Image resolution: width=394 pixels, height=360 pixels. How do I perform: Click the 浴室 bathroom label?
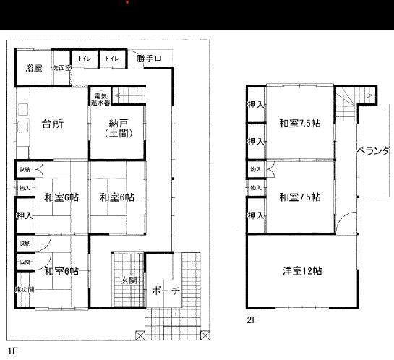33,68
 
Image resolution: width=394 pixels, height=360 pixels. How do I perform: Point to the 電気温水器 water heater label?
100,98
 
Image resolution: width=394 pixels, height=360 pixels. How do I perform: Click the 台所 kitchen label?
52,123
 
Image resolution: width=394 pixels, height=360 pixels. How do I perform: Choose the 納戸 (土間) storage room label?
116,128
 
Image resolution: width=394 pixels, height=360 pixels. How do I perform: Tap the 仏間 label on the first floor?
24,260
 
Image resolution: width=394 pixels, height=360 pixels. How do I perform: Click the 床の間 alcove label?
24,289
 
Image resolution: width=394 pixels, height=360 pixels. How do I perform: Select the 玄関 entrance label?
129,280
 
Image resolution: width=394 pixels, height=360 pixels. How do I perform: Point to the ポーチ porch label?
166,291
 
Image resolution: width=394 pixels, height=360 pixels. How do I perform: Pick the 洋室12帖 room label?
302,272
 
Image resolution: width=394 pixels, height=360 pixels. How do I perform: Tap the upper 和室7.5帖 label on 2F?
300,122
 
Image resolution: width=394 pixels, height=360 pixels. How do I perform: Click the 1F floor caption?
12,351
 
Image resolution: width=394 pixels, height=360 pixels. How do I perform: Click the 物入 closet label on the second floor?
255,169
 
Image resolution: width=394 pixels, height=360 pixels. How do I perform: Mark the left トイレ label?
84,59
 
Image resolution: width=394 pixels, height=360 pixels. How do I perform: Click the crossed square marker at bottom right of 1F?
206,334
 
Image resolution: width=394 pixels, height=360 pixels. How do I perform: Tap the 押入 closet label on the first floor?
24,215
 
